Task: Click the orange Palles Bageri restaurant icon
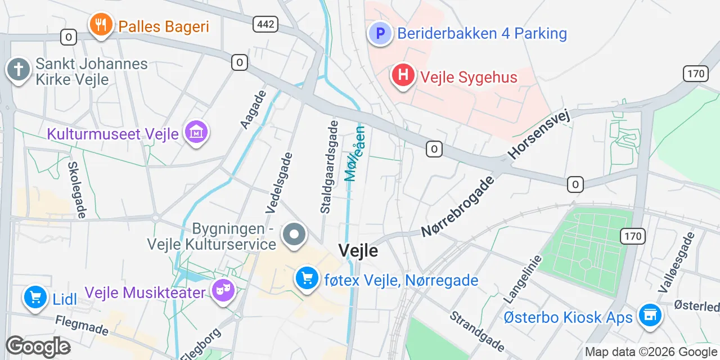click(x=101, y=25)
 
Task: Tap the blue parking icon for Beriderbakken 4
click(x=380, y=33)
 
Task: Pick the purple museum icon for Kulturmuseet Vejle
click(x=196, y=133)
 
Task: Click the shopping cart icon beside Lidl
click(x=35, y=298)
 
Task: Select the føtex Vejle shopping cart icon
click(x=307, y=278)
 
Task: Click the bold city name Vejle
click(x=358, y=251)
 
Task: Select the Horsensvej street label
click(x=539, y=134)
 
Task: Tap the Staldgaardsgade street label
click(x=330, y=166)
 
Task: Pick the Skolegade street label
click(x=76, y=190)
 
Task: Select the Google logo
click(x=38, y=346)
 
